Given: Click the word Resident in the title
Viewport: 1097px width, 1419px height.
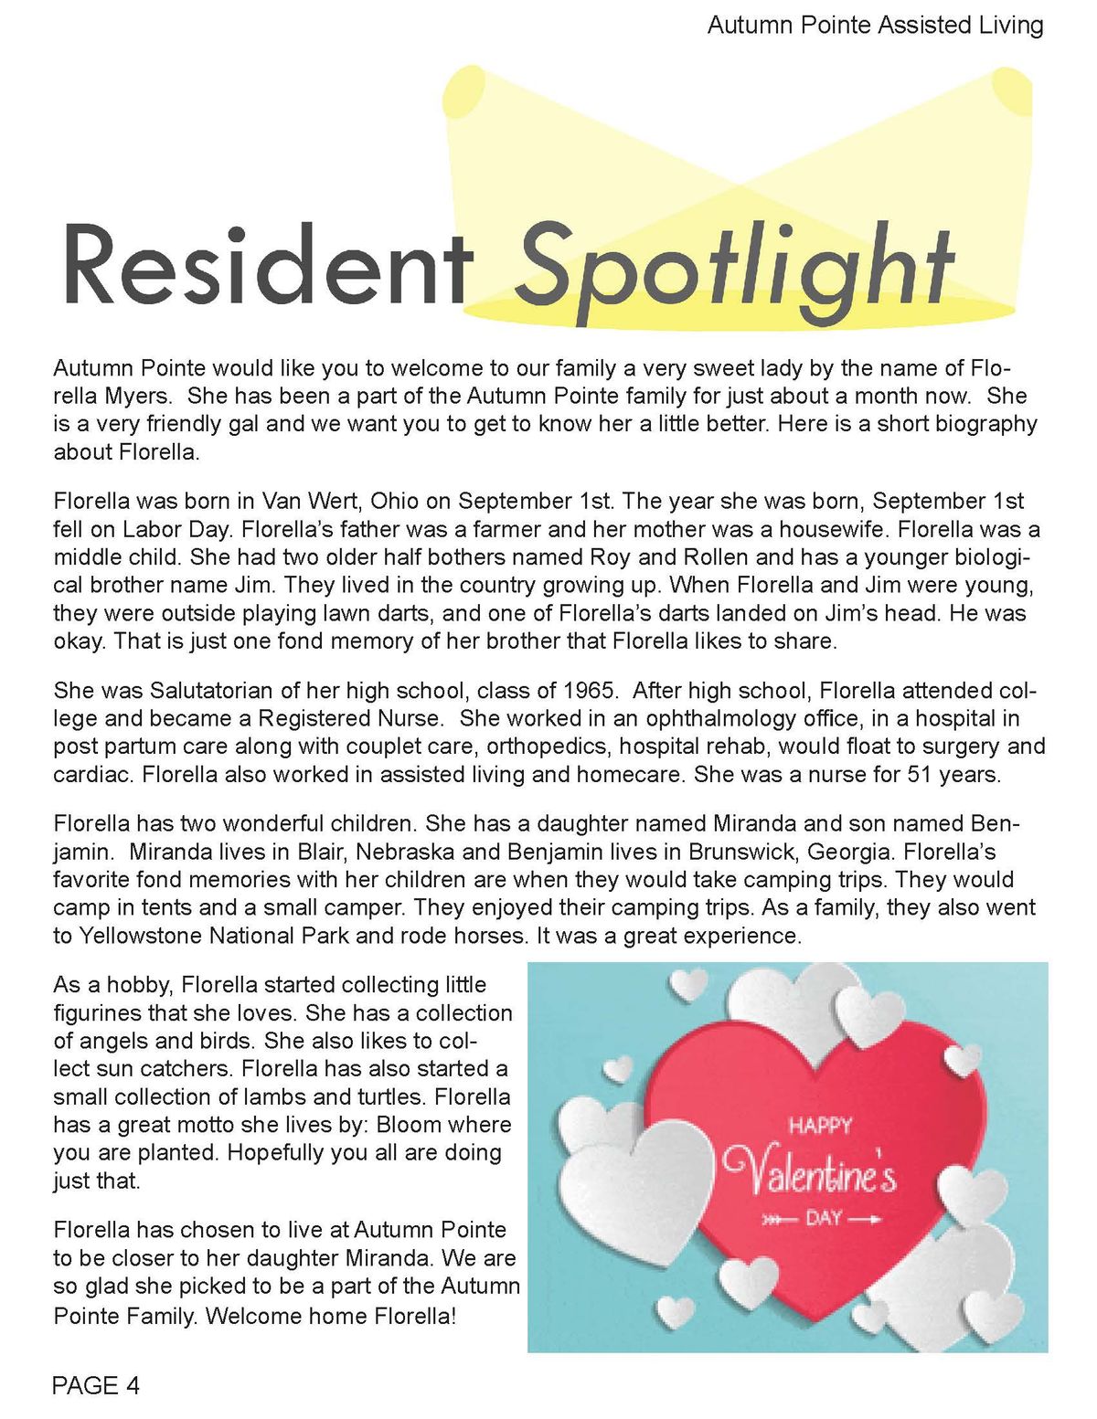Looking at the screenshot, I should (265, 265).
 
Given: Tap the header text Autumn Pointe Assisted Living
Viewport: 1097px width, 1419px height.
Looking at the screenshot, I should (875, 25).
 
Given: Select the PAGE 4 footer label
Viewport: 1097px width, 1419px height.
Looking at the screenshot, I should (96, 1386).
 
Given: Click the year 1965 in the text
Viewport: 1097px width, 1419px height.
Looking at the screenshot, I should (589, 690).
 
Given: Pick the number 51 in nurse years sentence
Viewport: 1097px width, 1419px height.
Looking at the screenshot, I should (920, 774).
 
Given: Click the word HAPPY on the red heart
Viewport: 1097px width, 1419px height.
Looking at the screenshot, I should (820, 1126).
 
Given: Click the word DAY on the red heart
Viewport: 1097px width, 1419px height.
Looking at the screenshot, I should (824, 1219).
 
